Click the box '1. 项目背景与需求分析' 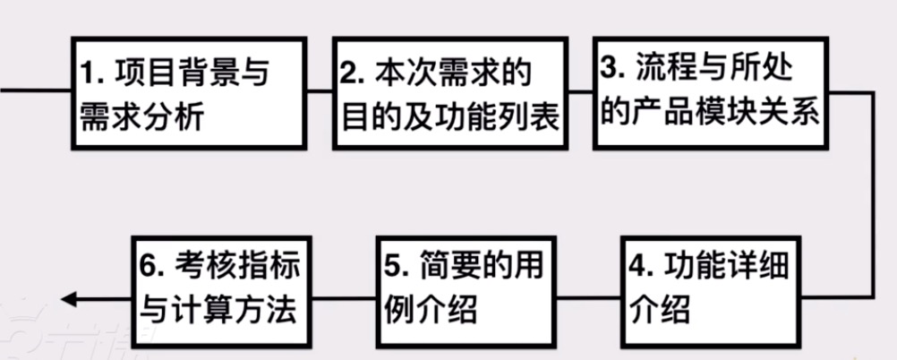tap(189, 93)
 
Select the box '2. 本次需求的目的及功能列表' tap(450, 93)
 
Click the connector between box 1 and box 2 tap(320, 90)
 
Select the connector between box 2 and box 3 tap(581, 90)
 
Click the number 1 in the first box tap(90, 73)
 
